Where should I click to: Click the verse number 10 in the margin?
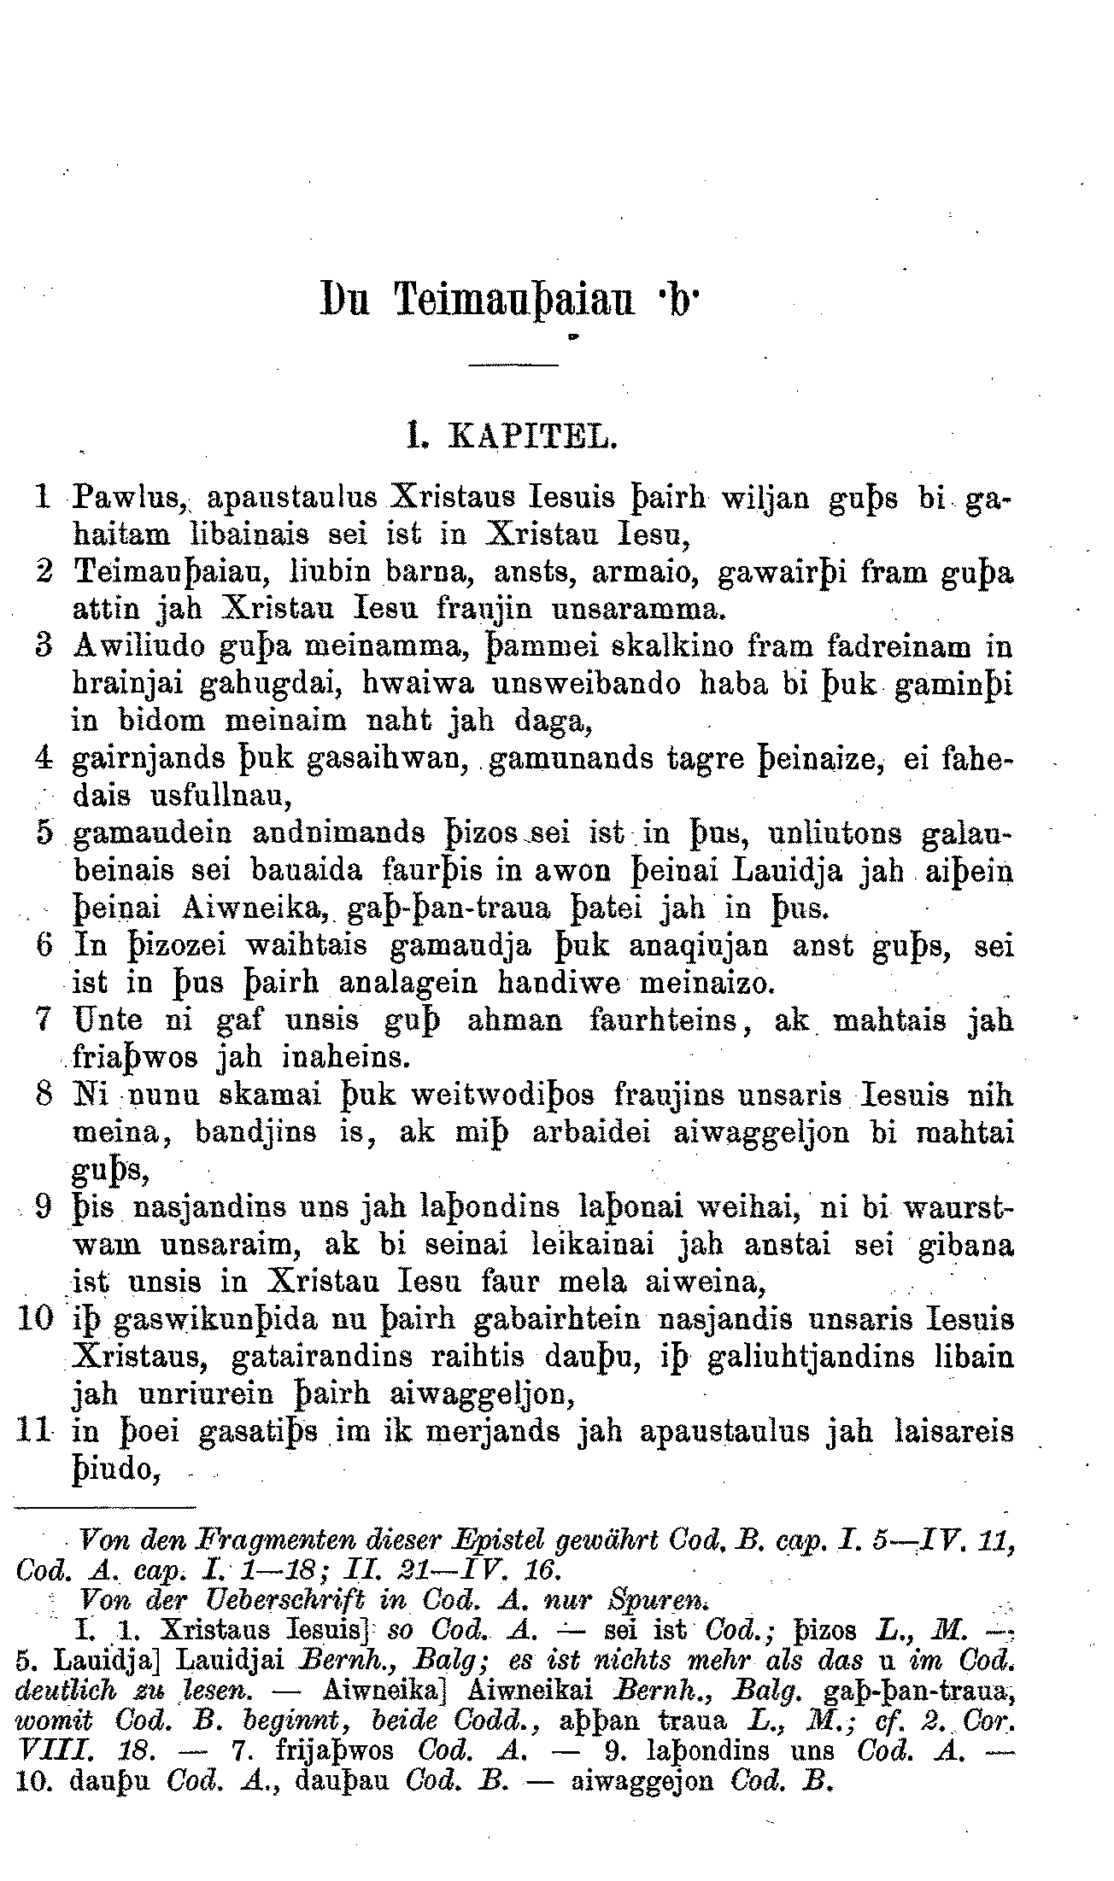36,1320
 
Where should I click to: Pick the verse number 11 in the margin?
35,1432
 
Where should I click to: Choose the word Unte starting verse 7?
106,1021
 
